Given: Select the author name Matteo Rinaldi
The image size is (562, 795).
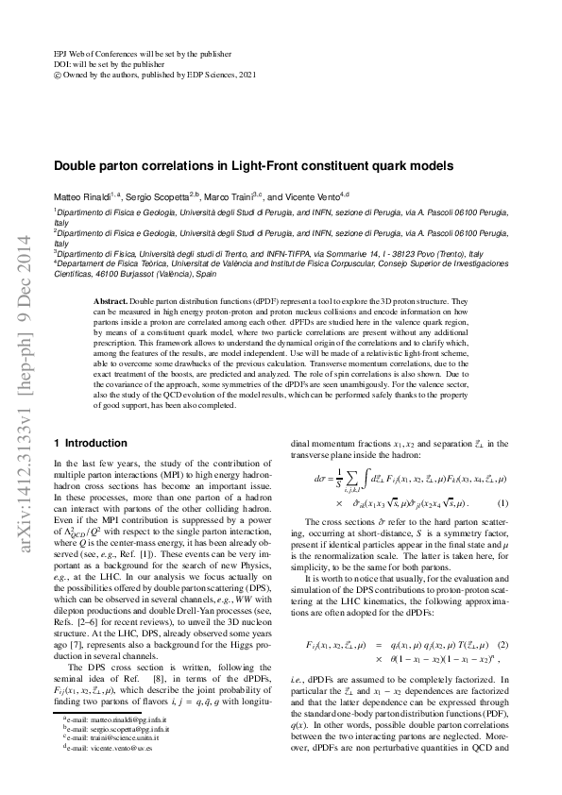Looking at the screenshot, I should pos(79,196).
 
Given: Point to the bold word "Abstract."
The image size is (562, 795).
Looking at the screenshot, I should pos(113,299).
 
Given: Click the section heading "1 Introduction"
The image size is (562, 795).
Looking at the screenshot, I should pos(91,443).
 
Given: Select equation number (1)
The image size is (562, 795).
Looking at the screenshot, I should pos(503,502).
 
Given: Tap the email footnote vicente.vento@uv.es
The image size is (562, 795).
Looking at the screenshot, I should pos(98,774).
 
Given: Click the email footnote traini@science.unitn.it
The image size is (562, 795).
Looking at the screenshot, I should pos(98,765).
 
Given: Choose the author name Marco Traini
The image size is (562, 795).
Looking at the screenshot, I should pos(228,196).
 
